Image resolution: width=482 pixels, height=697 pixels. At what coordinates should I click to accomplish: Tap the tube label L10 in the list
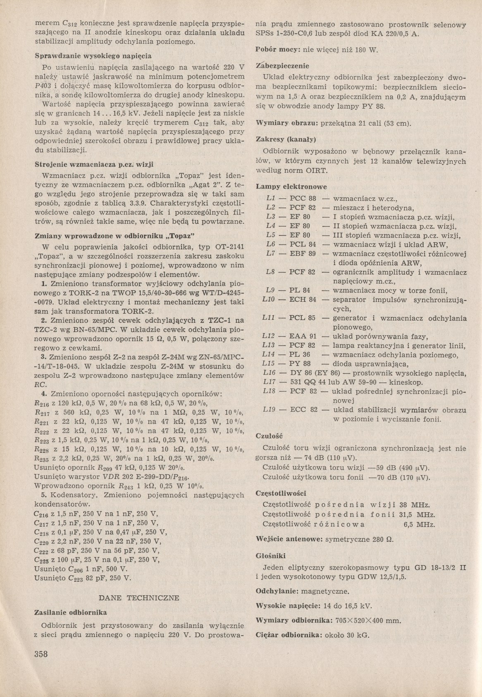pyautogui.click(x=269, y=299)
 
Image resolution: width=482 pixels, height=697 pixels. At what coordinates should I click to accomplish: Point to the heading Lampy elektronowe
pyautogui.click(x=291, y=187)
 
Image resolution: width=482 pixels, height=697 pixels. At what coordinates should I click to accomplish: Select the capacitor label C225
pyautogui.click(x=41, y=560)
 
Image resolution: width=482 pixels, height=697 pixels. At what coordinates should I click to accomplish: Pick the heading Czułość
pyautogui.click(x=269, y=436)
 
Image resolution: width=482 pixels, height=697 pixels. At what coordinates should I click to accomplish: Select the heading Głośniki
pyautogui.click(x=271, y=556)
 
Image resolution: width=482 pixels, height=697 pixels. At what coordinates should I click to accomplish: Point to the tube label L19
pyautogui.click(x=269, y=410)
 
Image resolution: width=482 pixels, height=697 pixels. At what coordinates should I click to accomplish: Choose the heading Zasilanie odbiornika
pyautogui.click(x=71, y=612)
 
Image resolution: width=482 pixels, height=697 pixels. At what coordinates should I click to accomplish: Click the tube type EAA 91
pyautogui.click(x=303, y=336)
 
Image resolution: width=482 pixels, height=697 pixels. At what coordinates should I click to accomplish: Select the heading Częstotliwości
pyautogui.click(x=281, y=493)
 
